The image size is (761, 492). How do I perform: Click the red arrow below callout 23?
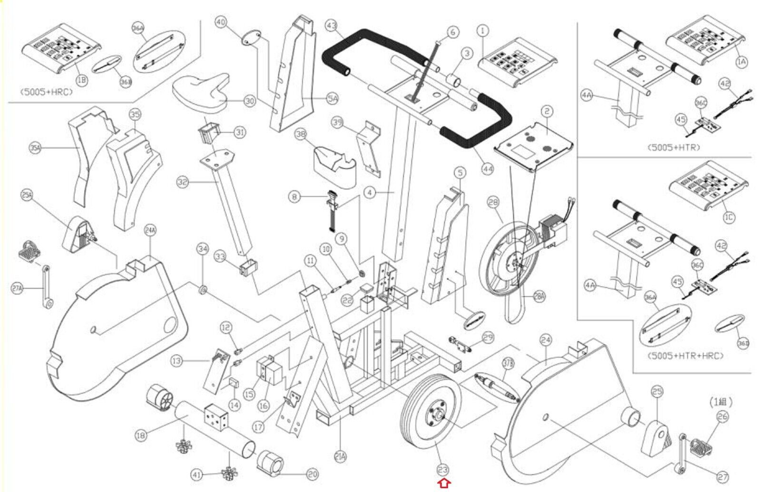pos(443,484)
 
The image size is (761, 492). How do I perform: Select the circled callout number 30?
pos(250,101)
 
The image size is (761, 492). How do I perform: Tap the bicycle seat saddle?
pos(200,93)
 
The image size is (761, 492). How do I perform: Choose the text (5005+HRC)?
pos(46,92)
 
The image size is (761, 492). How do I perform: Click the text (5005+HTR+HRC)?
pos(685,356)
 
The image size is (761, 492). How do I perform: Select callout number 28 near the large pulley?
pos(493,203)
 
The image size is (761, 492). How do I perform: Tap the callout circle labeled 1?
pos(483,31)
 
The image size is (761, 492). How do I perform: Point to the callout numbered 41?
pos(197,474)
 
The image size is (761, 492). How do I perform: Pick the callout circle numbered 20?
pos(312,474)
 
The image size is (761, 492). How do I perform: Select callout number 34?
pos(203,249)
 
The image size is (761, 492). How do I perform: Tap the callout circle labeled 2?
pos(547,112)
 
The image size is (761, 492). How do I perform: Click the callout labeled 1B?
pos(82,80)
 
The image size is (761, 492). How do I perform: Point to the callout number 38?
pos(301,135)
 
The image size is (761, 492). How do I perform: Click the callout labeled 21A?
pos(340,457)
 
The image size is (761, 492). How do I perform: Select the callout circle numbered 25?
pos(657,392)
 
